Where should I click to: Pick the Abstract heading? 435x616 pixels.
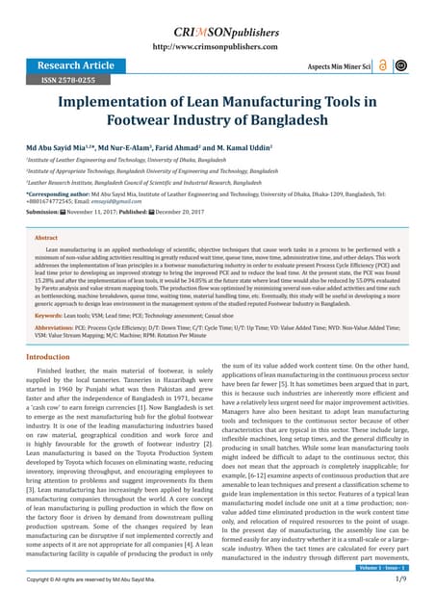[x=45, y=237]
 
